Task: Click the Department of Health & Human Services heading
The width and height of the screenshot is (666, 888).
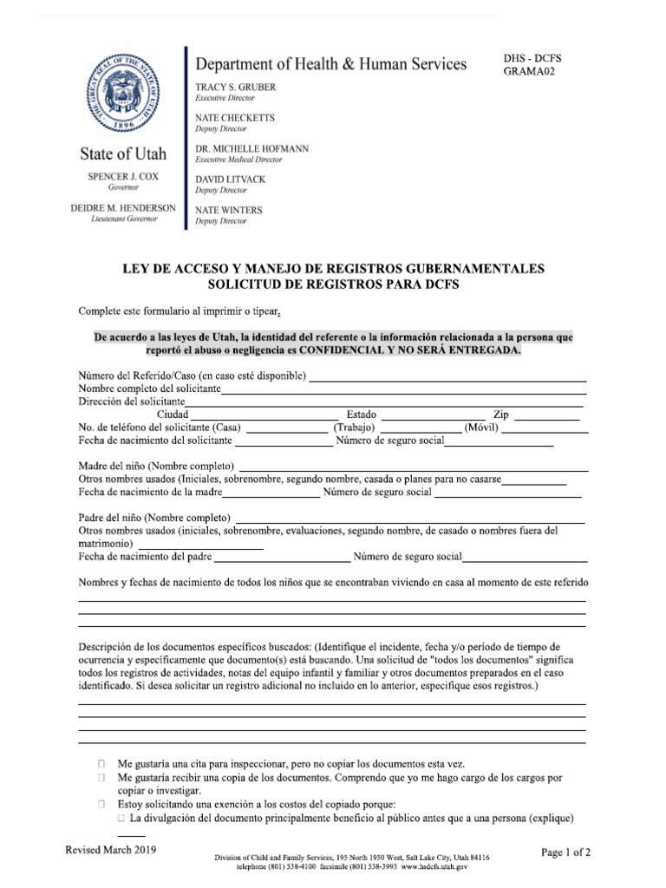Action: point(330,64)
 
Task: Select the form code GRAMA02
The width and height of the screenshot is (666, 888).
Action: point(529,72)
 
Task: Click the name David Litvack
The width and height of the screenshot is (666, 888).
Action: point(231,180)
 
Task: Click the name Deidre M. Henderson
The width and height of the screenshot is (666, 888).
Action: point(123,208)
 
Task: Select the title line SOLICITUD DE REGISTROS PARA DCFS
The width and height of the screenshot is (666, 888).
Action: point(333,284)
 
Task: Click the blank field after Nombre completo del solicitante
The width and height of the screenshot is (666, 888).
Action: point(403,391)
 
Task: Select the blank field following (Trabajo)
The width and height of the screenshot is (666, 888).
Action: point(421,429)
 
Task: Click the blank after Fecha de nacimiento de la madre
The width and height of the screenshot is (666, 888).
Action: point(271,495)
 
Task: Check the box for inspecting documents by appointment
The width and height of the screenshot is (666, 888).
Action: point(101,765)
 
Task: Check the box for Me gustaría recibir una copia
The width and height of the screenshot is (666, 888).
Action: point(101,778)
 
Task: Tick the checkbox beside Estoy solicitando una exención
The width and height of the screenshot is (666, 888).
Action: point(101,804)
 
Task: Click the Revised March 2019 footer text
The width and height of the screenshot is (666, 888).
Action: point(111,851)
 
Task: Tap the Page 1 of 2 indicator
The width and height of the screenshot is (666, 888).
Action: point(566,853)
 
